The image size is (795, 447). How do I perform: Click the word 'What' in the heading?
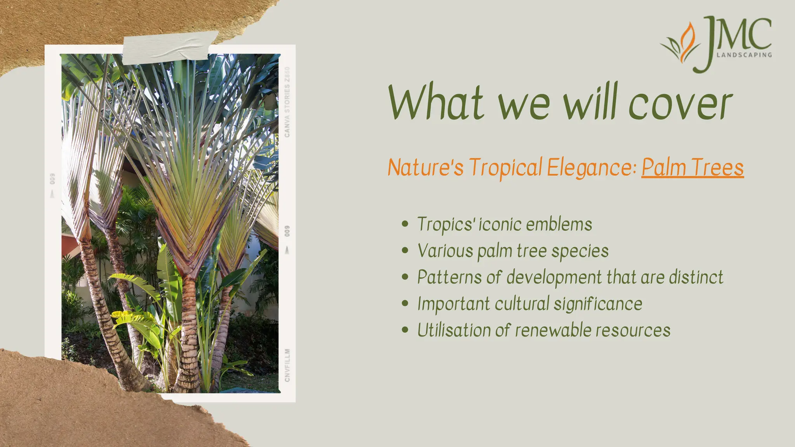436,103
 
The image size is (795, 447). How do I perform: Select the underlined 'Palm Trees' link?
693,168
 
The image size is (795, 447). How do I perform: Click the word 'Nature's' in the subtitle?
425,168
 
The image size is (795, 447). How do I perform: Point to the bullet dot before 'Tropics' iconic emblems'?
405,224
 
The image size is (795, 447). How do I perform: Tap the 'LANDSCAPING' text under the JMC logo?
744,55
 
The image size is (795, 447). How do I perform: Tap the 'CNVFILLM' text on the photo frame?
287,365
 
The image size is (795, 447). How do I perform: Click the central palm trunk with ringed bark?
189,334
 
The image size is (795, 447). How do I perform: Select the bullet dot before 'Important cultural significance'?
405,303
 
